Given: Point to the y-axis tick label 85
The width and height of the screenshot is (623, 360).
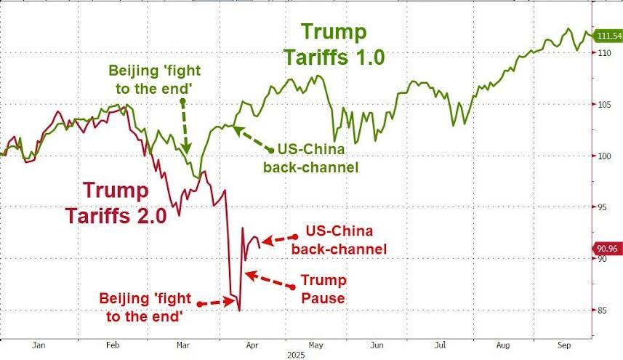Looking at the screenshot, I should (x=603, y=311).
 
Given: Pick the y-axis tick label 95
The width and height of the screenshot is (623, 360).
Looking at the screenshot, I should (x=603, y=207).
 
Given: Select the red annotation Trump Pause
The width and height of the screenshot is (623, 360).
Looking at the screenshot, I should (x=324, y=289).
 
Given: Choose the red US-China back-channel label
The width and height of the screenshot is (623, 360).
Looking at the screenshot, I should (x=339, y=240).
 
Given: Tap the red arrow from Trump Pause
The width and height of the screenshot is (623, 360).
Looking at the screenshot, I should (x=270, y=281).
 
